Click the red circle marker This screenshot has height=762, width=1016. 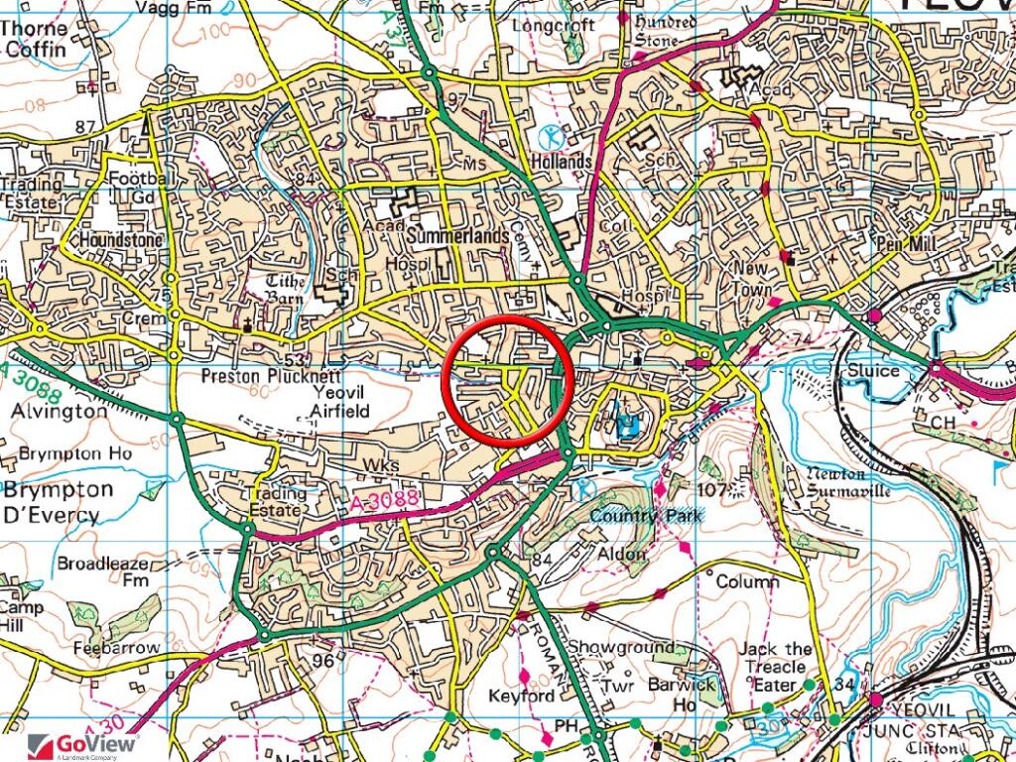[x=505, y=382]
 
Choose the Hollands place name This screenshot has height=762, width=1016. [x=560, y=160]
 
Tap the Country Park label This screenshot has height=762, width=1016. [x=646, y=516]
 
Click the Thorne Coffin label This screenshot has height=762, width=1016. [x=35, y=37]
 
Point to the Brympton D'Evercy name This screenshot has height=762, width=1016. [x=52, y=502]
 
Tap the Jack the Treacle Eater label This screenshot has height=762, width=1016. [x=776, y=666]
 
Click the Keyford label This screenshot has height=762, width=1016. [x=521, y=697]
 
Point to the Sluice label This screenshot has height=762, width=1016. [x=873, y=371]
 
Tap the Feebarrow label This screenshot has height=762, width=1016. [x=116, y=647]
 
